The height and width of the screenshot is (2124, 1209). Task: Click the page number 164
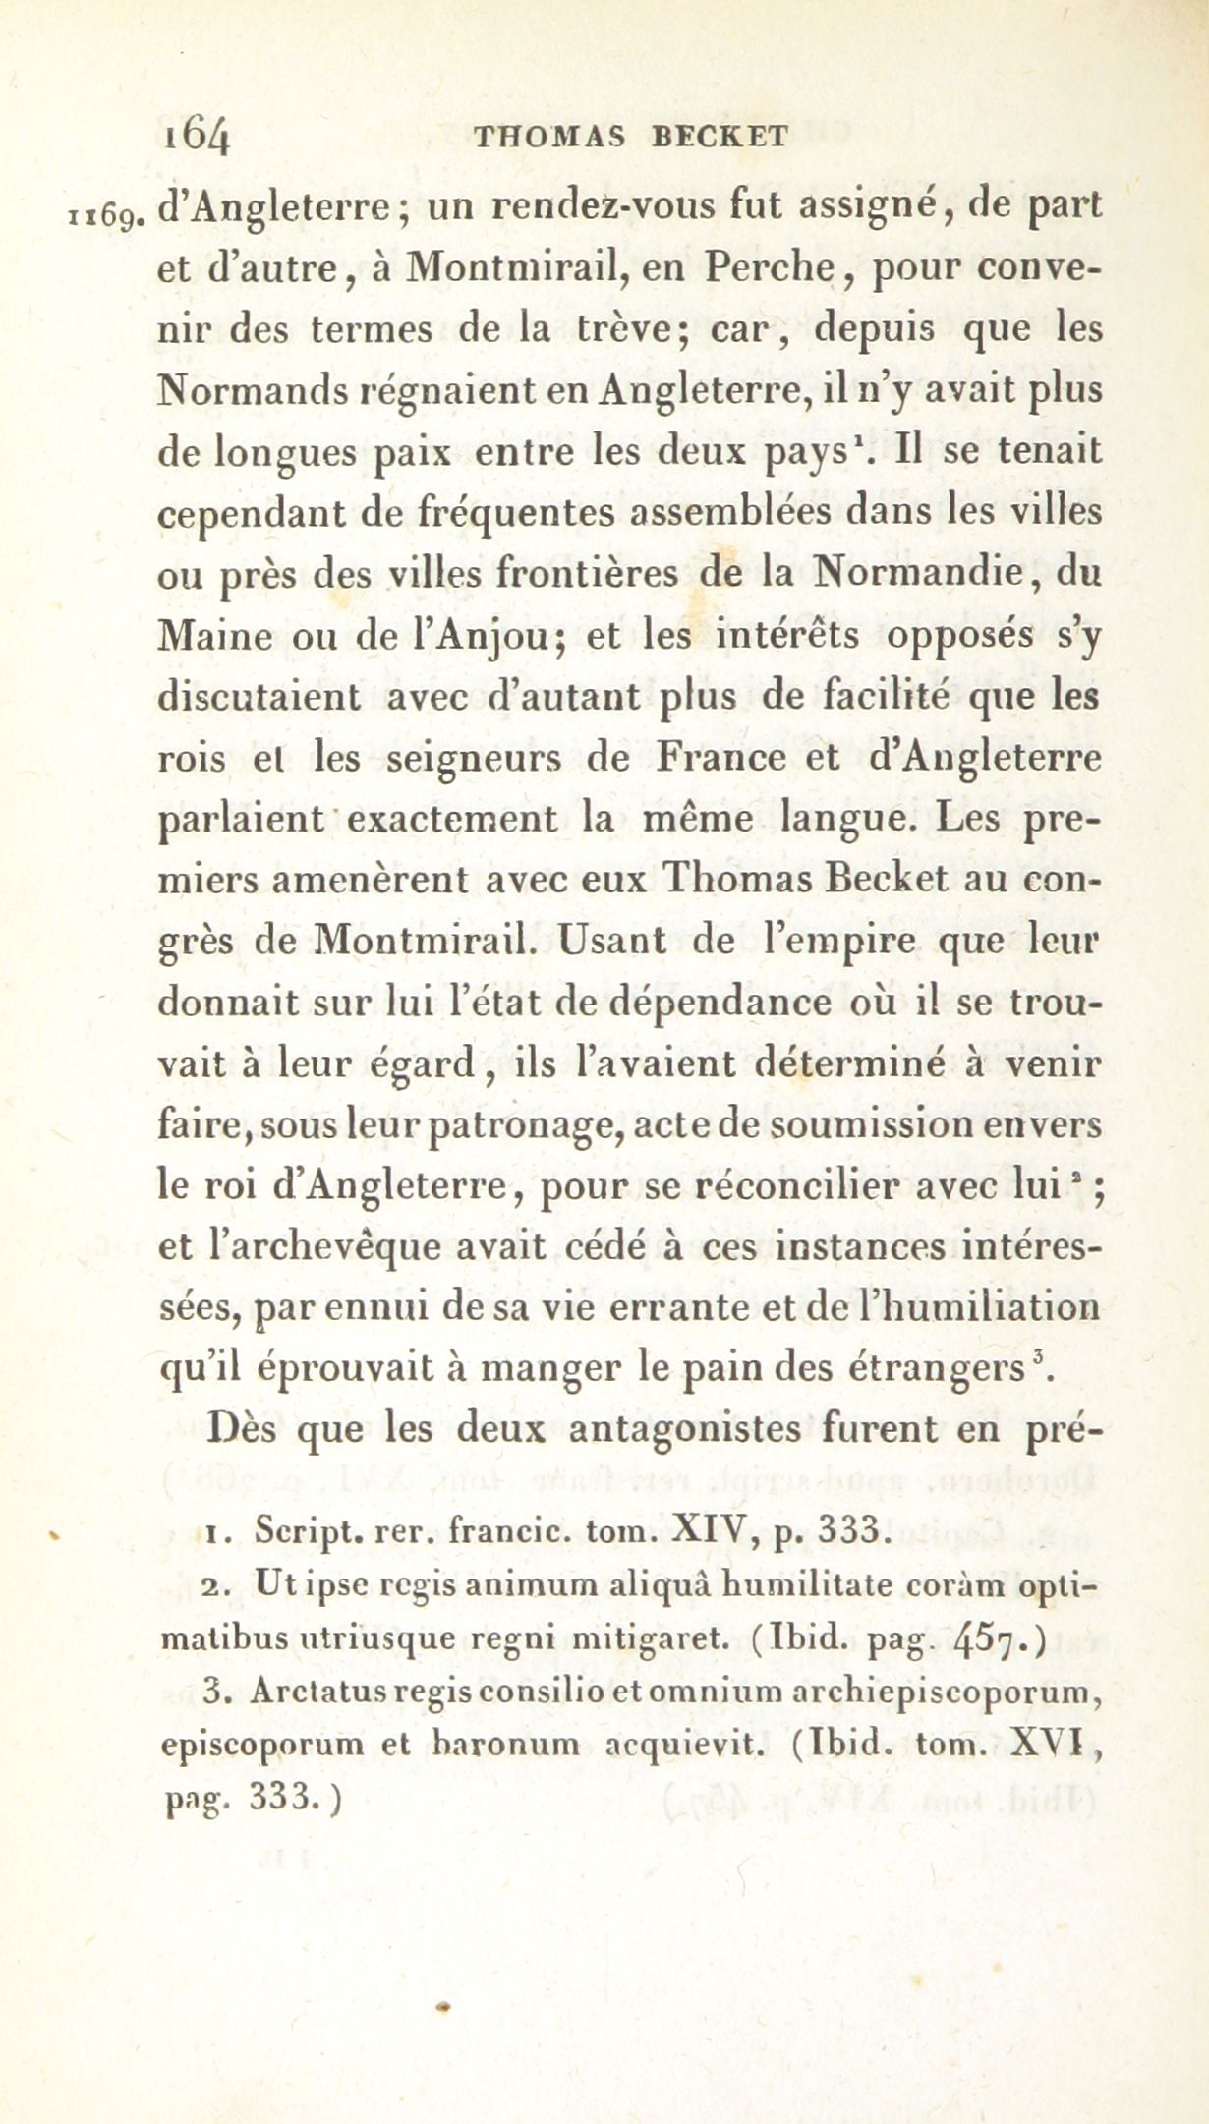coord(199,134)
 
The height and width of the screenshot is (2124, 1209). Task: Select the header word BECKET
coord(720,137)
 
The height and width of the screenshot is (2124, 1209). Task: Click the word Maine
coord(214,636)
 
